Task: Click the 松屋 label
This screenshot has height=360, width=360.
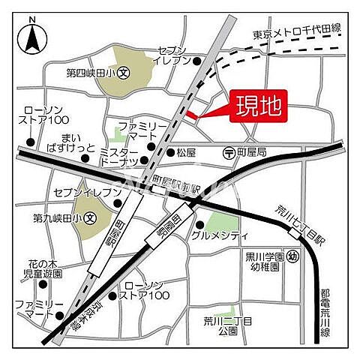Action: (186, 152)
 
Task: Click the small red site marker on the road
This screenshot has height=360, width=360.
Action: (191, 115)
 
